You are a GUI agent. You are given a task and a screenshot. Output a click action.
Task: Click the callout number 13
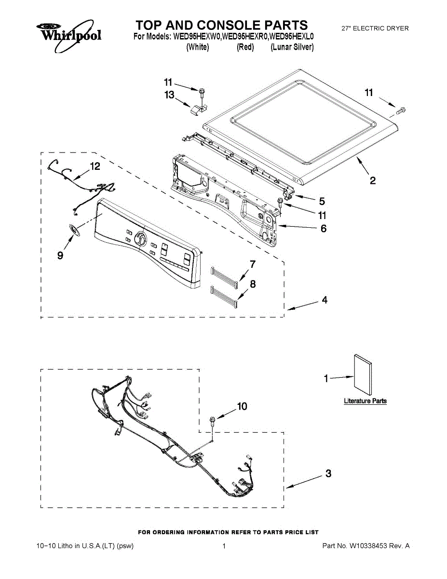169,95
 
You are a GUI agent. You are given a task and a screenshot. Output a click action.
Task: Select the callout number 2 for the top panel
373,181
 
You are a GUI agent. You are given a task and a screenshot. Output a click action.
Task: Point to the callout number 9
60,256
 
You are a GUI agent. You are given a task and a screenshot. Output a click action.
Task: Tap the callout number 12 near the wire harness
95,166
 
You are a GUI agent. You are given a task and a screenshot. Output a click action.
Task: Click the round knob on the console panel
140,239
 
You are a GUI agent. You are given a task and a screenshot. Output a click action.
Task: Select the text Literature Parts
365,401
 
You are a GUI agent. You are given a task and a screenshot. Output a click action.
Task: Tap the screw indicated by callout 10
212,421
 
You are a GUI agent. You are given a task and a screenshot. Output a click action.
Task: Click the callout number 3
328,474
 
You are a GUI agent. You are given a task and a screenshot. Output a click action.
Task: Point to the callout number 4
325,300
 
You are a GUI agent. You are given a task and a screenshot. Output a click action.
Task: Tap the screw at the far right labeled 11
400,111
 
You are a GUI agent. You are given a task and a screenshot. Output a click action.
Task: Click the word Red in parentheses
245,47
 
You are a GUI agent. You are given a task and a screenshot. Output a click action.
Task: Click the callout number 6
324,228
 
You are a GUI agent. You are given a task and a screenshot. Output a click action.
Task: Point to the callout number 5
322,201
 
